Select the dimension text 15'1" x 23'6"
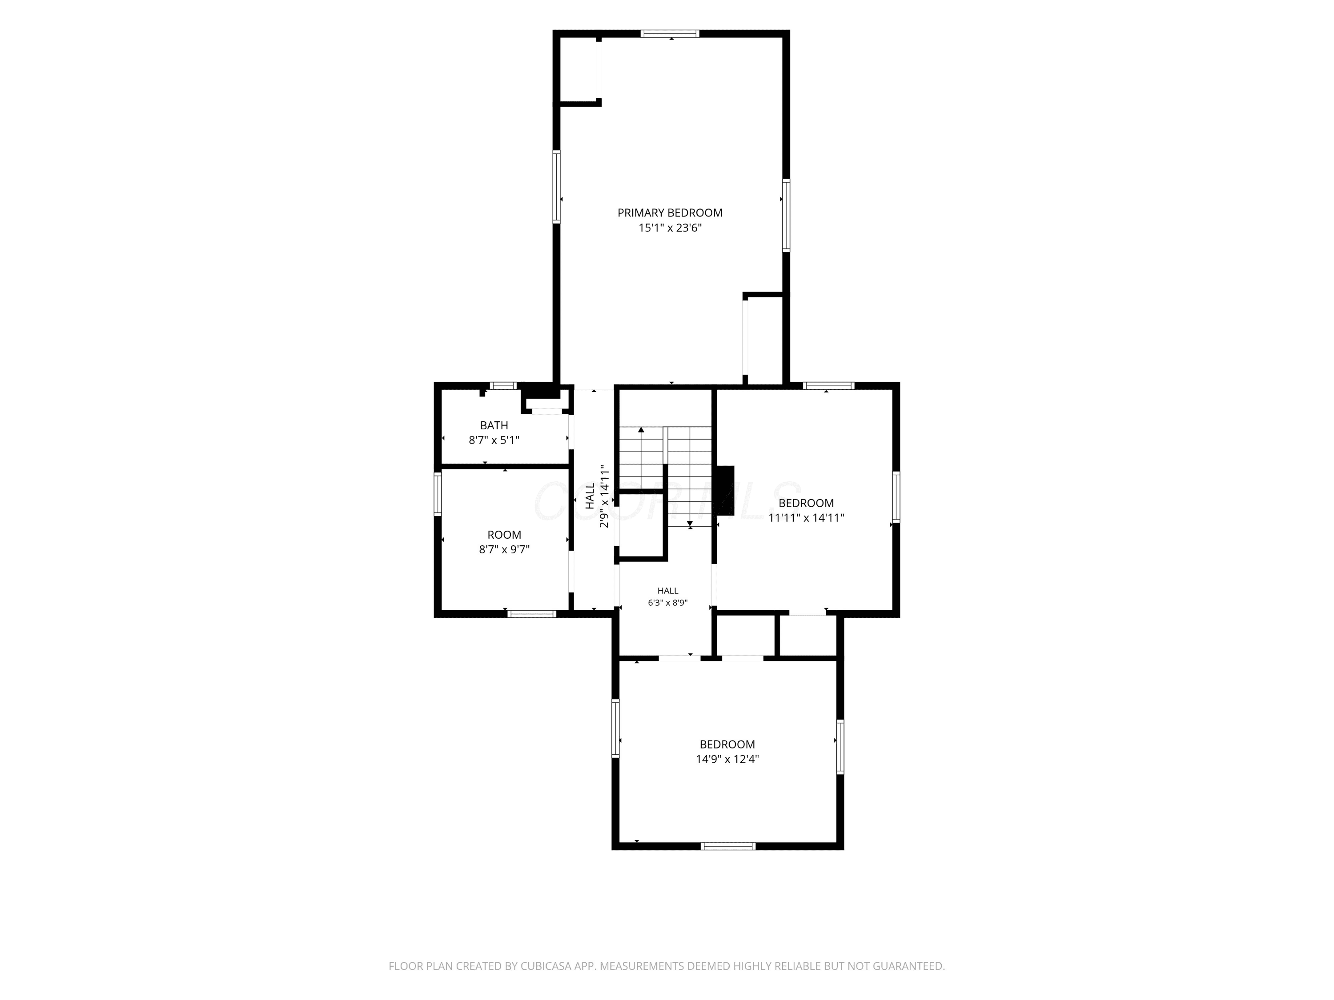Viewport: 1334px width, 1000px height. [x=670, y=228]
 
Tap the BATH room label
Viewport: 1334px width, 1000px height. [x=494, y=426]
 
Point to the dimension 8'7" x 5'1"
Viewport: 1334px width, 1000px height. [x=494, y=440]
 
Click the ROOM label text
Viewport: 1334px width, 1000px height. [x=504, y=535]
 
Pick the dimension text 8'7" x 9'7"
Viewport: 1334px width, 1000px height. [x=504, y=549]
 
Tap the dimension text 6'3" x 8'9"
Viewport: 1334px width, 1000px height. [x=667, y=602]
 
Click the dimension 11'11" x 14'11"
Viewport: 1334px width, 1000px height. [x=806, y=517]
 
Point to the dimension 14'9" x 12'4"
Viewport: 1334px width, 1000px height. [x=727, y=759]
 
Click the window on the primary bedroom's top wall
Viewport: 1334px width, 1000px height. [x=670, y=34]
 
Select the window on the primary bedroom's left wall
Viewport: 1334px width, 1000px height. [x=557, y=187]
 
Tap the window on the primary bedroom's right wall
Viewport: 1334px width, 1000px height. [x=787, y=215]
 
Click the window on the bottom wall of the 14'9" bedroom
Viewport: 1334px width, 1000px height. [x=728, y=846]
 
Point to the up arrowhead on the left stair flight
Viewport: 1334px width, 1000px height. [x=641, y=430]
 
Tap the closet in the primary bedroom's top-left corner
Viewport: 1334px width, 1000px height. [x=578, y=69]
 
